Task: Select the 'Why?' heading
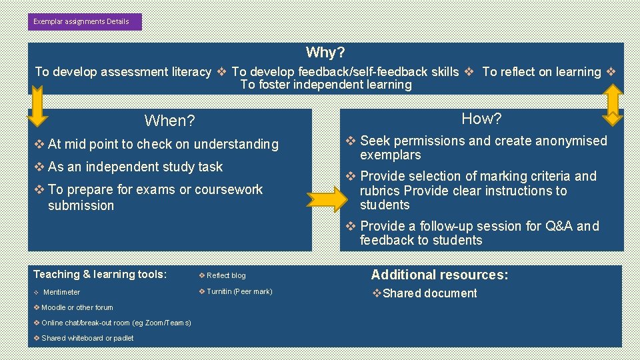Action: point(325,53)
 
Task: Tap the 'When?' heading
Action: point(169,121)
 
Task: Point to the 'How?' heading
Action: point(481,119)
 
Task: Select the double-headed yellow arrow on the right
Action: point(611,107)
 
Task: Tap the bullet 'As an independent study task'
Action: point(135,167)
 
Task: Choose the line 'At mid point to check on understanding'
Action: point(163,144)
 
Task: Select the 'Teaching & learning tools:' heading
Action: point(100,274)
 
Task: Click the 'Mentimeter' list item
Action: point(61,292)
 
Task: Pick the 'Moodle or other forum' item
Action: point(77,307)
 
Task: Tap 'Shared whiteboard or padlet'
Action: point(87,338)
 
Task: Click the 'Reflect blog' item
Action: point(225,275)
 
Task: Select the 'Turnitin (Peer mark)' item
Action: point(239,291)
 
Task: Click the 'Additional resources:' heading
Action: point(439,275)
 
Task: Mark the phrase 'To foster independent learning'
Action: point(326,85)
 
